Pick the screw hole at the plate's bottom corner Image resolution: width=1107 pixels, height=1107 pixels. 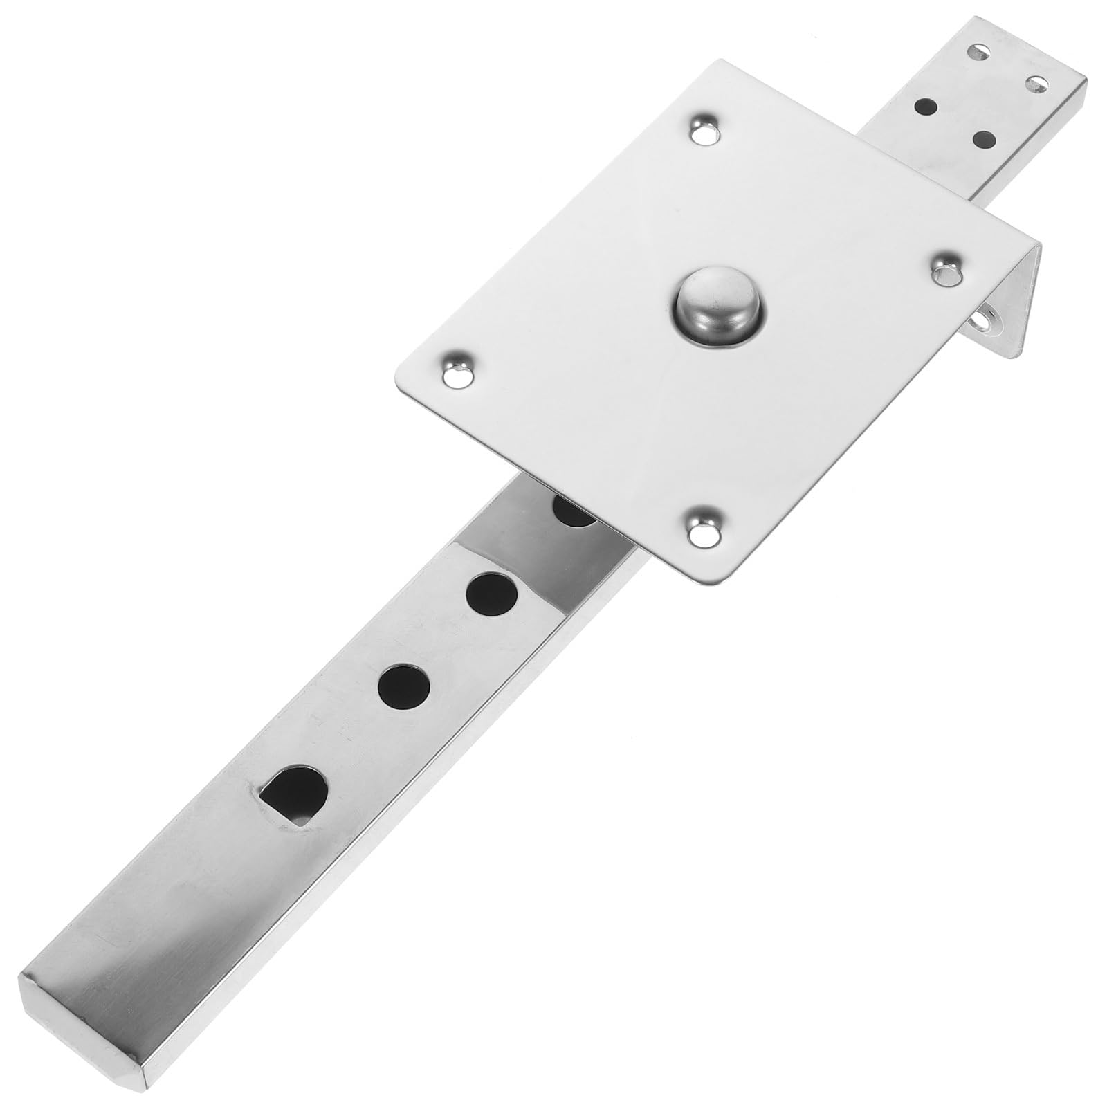704,524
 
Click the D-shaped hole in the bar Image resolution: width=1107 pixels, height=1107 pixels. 293,794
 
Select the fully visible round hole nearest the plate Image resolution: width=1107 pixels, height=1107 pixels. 492,594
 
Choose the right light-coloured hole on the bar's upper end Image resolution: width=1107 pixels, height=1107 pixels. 1036,85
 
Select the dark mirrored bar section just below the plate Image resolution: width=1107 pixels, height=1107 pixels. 526,526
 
